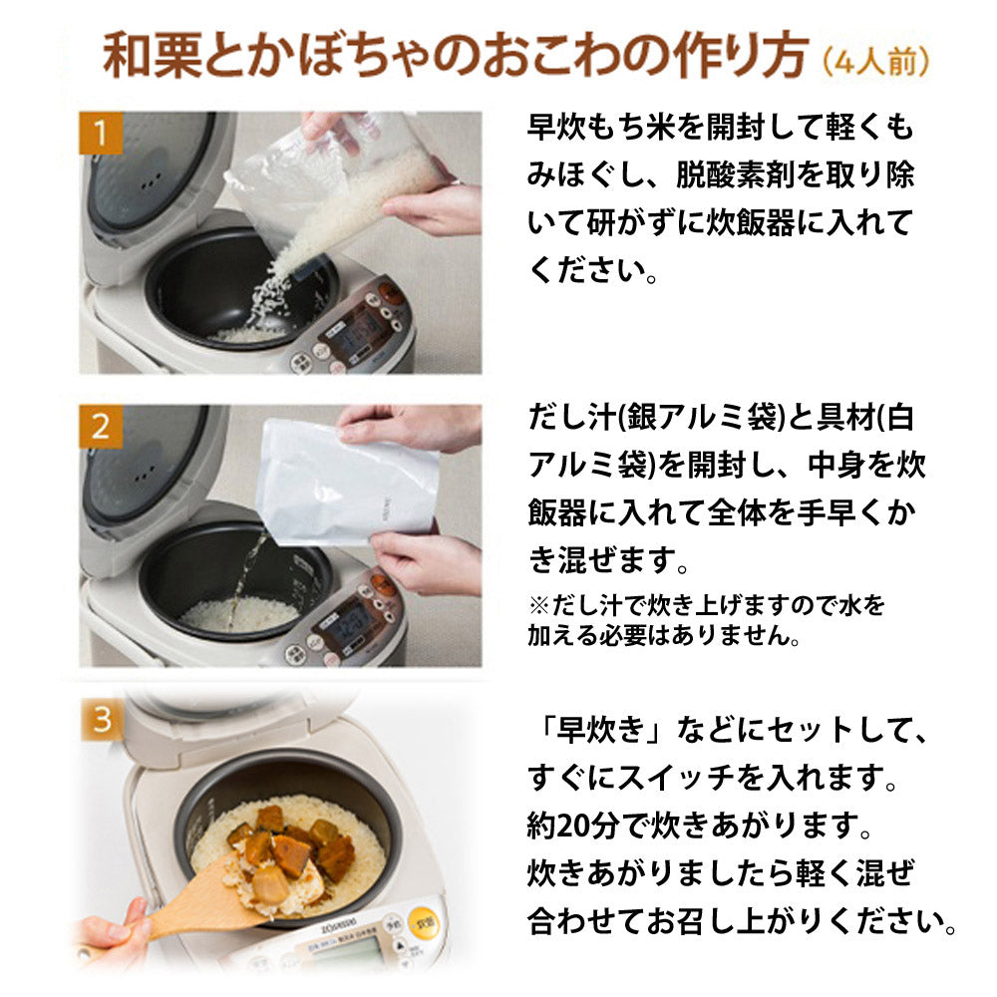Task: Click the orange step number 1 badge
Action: pos(101,133)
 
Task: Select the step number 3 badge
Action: pos(102,718)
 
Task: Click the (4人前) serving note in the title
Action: pos(877,61)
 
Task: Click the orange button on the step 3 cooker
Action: pos(426,922)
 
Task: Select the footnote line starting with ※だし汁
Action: pos(705,605)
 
